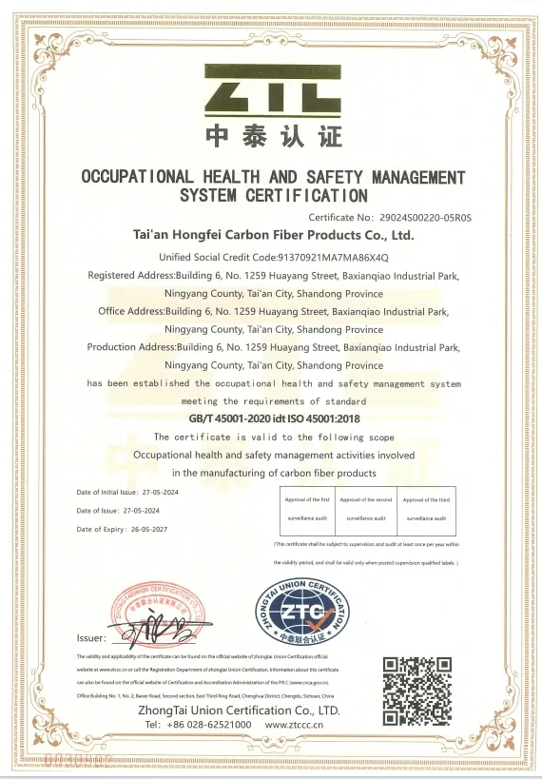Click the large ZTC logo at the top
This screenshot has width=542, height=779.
274,91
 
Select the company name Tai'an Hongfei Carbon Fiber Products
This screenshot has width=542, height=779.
274,234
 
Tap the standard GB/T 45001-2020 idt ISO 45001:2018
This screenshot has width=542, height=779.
274,419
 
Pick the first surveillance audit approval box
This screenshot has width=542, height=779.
307,509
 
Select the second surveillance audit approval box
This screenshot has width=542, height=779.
366,509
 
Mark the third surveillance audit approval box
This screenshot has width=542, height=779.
426,509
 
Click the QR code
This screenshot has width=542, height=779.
416,689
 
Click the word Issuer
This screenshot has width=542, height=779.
91,638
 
